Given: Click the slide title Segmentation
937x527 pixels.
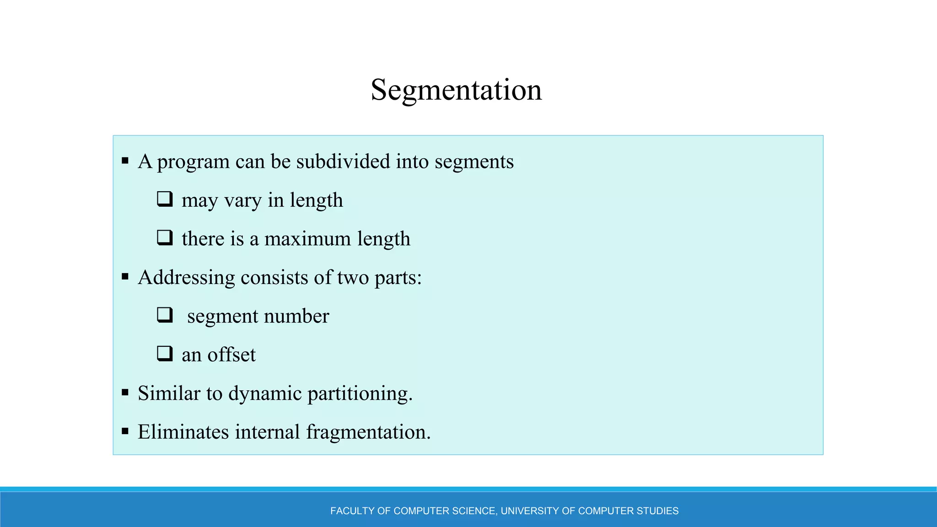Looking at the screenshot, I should [456, 90].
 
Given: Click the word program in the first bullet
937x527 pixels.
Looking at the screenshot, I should [193, 162].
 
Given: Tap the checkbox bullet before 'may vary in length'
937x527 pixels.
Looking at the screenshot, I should [165, 199].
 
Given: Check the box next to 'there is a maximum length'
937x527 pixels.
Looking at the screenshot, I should [165, 237].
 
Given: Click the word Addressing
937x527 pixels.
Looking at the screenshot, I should [186, 278].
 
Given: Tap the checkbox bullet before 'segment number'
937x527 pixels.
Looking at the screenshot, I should [165, 315].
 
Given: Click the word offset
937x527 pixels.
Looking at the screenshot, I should [232, 355].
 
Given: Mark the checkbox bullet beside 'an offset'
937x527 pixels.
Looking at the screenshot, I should [165, 353].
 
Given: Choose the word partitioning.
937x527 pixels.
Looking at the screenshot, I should [360, 394].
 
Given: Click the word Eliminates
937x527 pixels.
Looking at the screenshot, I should [183, 432].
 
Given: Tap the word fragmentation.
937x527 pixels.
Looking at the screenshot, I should [368, 432].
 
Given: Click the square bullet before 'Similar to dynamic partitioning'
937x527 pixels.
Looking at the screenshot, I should [125, 392].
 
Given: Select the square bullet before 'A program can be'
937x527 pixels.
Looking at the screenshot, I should [125, 161].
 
